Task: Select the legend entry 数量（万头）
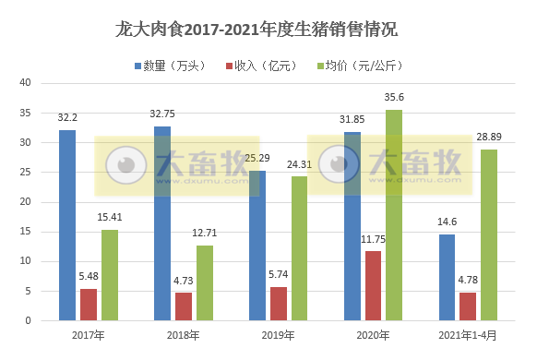(x=175, y=66)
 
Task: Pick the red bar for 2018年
(x=184, y=306)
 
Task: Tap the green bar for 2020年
(x=395, y=215)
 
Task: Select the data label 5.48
(x=89, y=275)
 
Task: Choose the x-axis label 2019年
(x=278, y=334)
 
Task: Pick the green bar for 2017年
(x=110, y=275)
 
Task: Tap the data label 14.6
(x=447, y=221)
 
